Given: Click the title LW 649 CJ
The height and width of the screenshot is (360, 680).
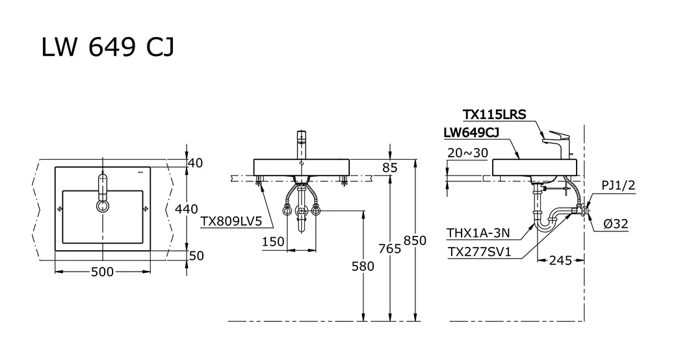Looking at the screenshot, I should (x=108, y=47).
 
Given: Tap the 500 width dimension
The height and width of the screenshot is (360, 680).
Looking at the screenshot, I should (x=102, y=272).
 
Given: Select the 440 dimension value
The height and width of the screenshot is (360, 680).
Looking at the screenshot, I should (x=186, y=209).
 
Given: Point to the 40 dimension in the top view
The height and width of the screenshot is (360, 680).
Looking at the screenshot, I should (x=195, y=163).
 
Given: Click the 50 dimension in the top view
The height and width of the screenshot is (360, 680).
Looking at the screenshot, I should (x=196, y=255).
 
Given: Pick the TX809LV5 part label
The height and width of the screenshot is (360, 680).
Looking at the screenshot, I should (x=231, y=221).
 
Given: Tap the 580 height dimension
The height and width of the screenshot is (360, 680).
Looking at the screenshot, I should (x=363, y=266).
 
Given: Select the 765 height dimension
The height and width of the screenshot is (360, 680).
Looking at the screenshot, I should (x=389, y=248).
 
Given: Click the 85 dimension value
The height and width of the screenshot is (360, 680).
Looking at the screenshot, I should (x=389, y=168).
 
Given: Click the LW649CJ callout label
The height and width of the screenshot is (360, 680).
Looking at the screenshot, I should (x=471, y=133).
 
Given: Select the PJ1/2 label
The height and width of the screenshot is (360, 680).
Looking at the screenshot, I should (x=618, y=186).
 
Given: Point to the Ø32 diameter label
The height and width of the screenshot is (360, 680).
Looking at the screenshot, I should (x=616, y=224).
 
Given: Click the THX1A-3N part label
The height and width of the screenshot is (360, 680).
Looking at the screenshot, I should (x=478, y=233).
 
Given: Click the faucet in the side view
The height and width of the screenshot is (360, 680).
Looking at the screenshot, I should (x=558, y=142).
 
